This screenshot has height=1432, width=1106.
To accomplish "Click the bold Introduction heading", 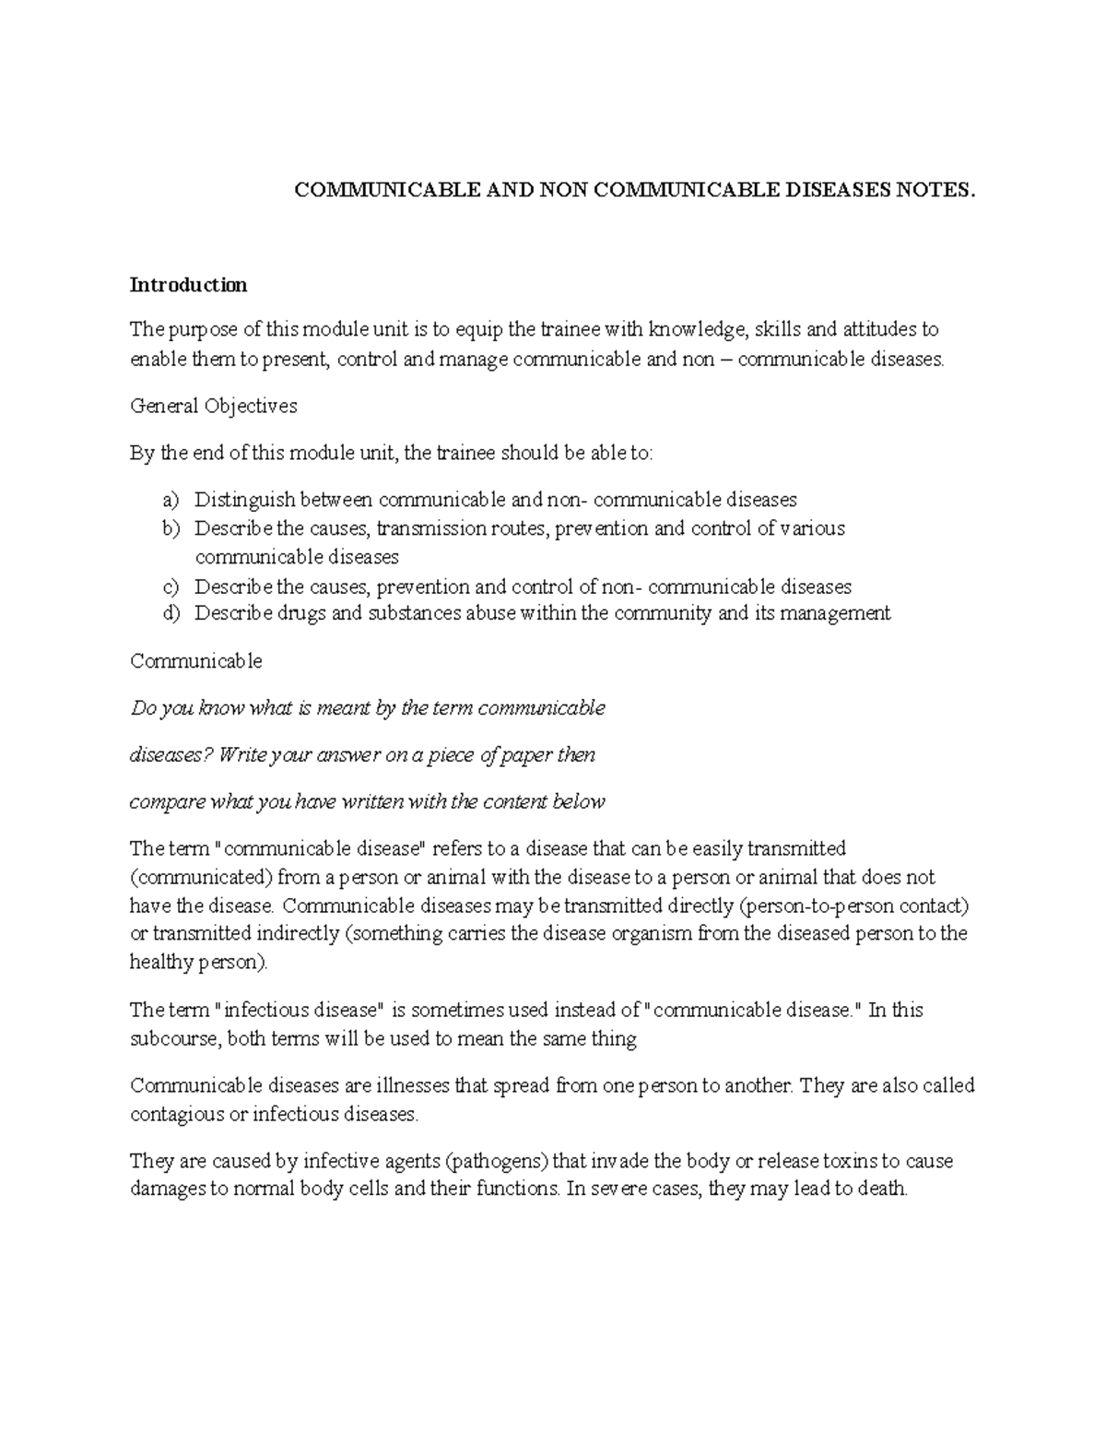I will coord(188,285).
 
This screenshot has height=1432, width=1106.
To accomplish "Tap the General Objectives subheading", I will coord(214,406).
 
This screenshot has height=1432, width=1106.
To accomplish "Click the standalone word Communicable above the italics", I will coord(196,661).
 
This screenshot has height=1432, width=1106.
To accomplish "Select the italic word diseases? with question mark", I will coord(171,755).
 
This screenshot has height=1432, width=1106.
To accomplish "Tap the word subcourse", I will coord(175,1039).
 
